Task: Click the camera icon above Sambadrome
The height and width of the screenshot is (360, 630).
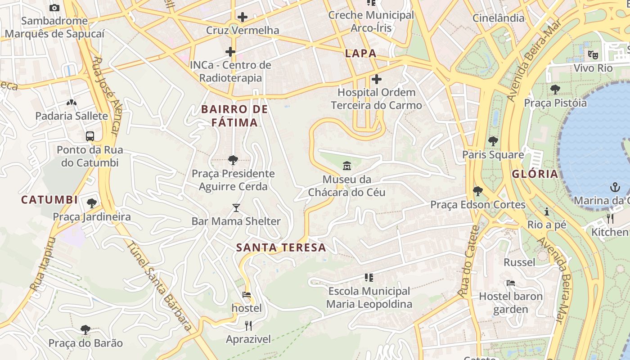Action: [x=54, y=8]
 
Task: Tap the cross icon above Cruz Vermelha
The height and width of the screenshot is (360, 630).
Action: [x=243, y=18]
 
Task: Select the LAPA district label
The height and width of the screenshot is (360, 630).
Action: [x=360, y=53]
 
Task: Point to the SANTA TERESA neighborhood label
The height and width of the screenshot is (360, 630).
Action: [x=281, y=247]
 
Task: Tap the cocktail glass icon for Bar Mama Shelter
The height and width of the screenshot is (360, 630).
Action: [x=236, y=208]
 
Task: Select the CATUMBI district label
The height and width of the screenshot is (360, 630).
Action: [x=49, y=200]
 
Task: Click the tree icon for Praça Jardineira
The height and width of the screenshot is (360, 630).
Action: [x=92, y=203]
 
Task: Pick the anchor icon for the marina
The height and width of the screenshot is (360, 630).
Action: [x=615, y=187]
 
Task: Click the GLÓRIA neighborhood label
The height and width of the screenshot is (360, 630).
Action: [x=535, y=174]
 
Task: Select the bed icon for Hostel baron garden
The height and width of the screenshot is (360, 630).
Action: [x=511, y=283]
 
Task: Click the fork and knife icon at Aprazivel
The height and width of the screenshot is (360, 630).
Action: [x=248, y=325]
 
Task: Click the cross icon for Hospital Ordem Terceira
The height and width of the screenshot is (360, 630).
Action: [x=377, y=80]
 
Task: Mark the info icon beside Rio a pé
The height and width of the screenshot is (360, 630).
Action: [x=547, y=211]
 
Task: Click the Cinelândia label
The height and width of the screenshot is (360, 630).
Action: [x=498, y=18]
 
